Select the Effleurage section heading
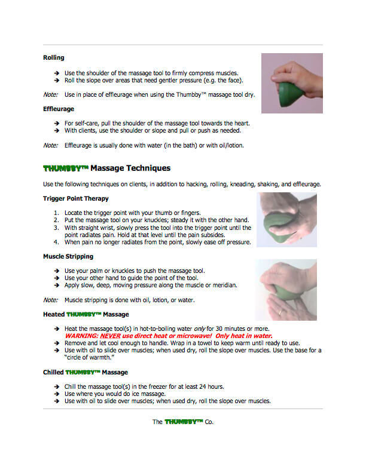(x=59, y=109)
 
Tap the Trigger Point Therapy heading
(x=76, y=198)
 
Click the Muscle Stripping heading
(x=68, y=256)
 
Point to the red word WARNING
(x=81, y=336)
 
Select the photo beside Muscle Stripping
(x=286, y=289)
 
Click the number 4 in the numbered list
(x=56, y=242)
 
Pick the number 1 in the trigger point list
(x=56, y=213)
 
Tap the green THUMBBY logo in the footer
(x=184, y=422)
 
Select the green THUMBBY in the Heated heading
(x=84, y=314)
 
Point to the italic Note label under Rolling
(x=50, y=94)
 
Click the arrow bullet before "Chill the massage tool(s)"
(x=56, y=386)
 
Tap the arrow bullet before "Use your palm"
(x=56, y=271)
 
